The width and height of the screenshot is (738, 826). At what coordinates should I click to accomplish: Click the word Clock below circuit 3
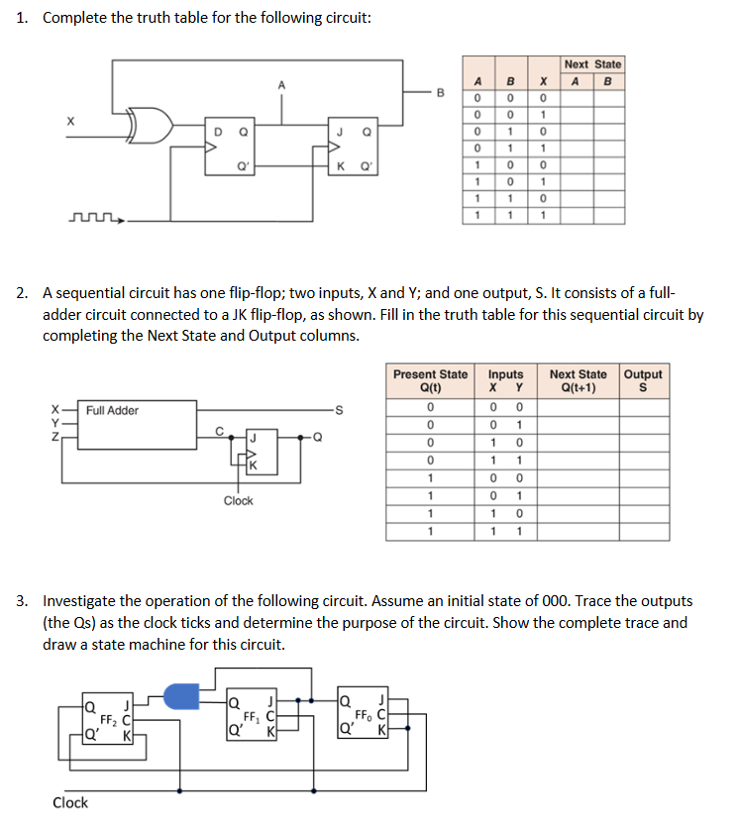click(69, 802)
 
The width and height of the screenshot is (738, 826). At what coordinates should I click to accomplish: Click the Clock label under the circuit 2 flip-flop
click(238, 500)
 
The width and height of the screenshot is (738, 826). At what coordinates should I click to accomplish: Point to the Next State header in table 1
click(592, 64)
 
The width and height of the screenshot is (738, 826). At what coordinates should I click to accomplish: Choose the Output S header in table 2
click(643, 380)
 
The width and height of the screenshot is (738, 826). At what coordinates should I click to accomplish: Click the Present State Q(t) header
click(430, 380)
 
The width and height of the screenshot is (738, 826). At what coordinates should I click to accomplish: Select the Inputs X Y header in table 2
click(505, 380)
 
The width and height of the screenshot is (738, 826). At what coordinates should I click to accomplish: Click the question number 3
click(21, 600)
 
